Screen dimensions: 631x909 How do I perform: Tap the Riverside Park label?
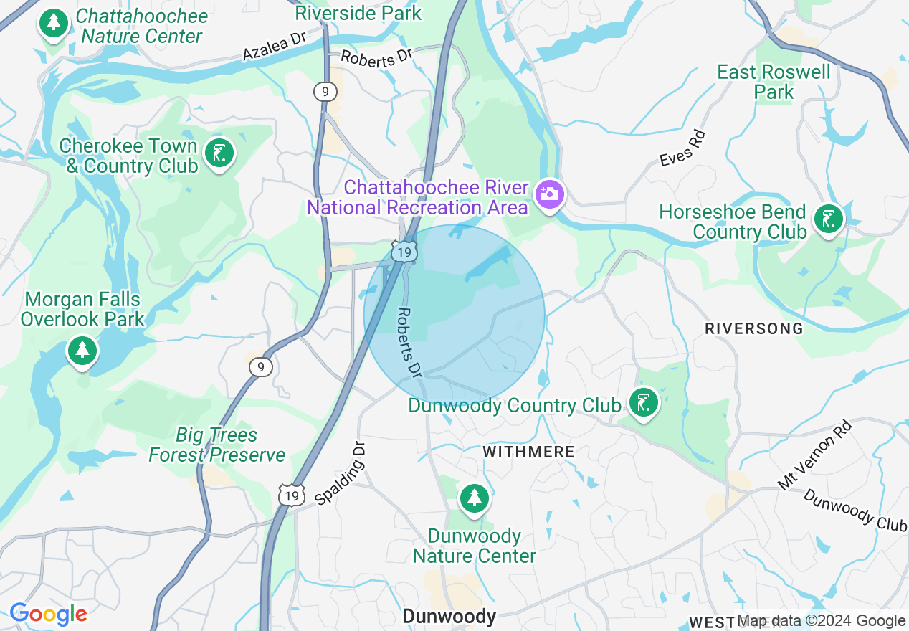pos(358,13)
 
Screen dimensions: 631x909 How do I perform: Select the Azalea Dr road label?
pos(275,46)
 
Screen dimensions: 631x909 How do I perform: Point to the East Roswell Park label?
pos(774,82)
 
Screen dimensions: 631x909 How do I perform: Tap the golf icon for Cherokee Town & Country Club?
pos(219,153)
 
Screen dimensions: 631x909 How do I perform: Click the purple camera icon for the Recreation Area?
pos(550,194)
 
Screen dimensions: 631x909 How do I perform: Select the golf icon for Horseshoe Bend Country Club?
pos(829,219)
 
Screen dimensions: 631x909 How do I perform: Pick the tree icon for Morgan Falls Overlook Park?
pos(83,350)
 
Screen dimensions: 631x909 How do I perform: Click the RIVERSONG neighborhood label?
pos(753,328)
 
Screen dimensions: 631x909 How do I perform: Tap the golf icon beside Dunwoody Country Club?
pos(643,402)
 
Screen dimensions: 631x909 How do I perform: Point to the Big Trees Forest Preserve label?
pos(216,445)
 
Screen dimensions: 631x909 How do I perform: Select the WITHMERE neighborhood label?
pos(529,452)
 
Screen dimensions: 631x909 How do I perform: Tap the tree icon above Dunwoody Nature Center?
pos(473,497)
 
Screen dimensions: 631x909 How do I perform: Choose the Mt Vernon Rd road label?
pos(815,455)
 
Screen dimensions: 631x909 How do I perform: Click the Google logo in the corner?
pos(48,614)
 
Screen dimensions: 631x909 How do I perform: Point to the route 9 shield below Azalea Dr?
pos(325,91)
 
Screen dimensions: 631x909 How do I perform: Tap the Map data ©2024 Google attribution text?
pos(822,621)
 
